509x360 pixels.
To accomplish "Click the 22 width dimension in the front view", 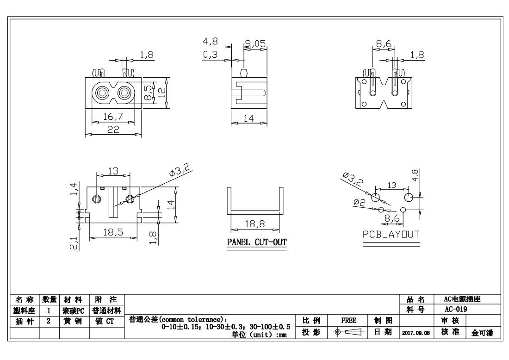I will pyautogui.click(x=112, y=130).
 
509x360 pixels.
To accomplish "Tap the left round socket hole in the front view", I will pyautogui.click(x=101, y=93).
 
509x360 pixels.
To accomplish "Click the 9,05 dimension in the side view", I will pyautogui.click(x=255, y=44).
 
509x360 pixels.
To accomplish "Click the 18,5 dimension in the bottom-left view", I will pyautogui.click(x=112, y=233).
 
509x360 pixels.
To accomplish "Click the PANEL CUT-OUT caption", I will pyautogui.click(x=256, y=242).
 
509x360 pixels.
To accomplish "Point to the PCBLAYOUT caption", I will pyautogui.click(x=391, y=235).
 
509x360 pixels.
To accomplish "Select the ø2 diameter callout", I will pyautogui.click(x=359, y=202).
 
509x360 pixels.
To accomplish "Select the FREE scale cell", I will pyautogui.click(x=348, y=319).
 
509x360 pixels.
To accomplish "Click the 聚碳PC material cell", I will pyautogui.click(x=74, y=310).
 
